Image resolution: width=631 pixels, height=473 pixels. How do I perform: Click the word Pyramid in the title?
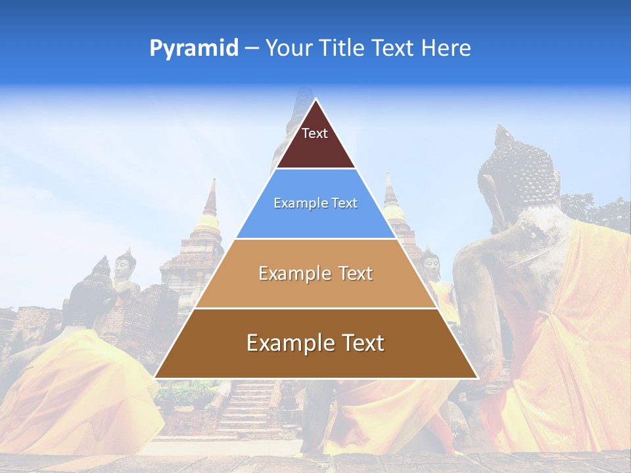(x=194, y=49)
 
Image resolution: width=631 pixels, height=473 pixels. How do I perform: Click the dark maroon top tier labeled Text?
(x=315, y=141)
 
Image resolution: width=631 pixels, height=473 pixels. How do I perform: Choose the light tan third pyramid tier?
(x=315, y=274)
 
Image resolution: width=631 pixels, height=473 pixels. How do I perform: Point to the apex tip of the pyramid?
(x=315, y=99)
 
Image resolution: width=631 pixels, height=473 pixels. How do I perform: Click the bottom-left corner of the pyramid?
(x=155, y=378)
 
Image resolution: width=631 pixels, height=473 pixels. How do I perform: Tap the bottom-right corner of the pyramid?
(x=477, y=378)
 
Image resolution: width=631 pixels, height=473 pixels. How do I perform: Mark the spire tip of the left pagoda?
(x=212, y=180)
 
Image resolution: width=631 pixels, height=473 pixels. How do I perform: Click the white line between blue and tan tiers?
(x=315, y=238)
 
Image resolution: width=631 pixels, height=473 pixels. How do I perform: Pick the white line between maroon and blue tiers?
(x=315, y=169)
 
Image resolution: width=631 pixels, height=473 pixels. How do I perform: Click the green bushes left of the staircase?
(x=191, y=394)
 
